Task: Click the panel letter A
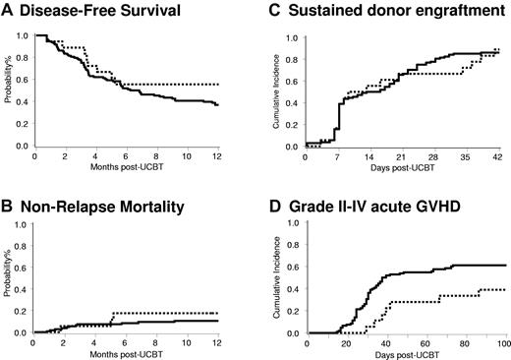tap(7, 13)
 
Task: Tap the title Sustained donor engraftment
tap(370, 13)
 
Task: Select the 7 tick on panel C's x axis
tap(339, 156)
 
